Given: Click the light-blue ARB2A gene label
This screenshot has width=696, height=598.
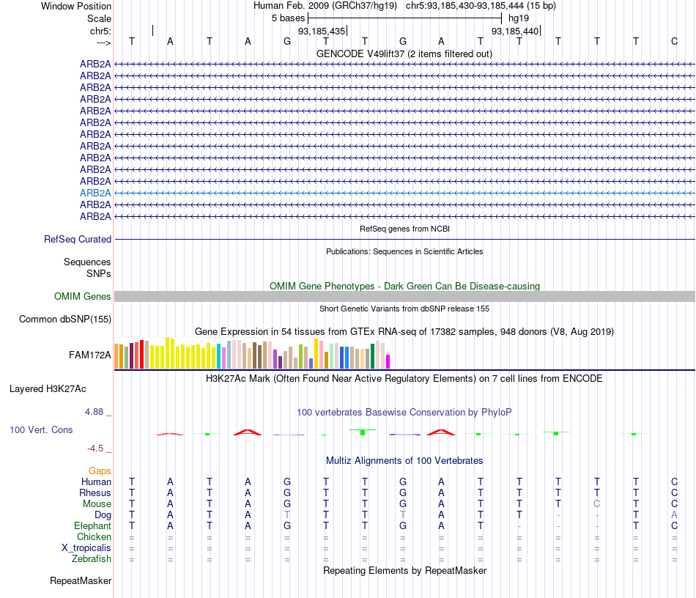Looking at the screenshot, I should point(95,193).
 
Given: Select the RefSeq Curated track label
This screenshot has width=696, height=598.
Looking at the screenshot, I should point(78,239).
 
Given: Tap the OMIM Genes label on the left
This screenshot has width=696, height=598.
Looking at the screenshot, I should point(83,297).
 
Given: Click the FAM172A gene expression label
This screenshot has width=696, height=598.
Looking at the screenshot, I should point(90,355).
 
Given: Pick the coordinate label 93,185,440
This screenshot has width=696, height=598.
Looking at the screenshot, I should point(515,32).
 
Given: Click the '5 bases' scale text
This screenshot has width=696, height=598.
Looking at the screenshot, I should point(288,18).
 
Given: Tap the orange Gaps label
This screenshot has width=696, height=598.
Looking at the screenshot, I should point(100,470).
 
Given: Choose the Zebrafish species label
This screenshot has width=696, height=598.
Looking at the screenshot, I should point(93,558).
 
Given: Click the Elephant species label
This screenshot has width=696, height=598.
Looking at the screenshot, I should point(92,525).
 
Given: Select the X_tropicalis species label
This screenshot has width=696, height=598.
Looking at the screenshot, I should point(86,547).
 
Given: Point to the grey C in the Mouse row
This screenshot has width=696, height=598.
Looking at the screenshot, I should point(597,503).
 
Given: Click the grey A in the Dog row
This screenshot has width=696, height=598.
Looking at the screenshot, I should point(674,514).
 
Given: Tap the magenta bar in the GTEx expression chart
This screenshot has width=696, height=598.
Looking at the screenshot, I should point(388,361).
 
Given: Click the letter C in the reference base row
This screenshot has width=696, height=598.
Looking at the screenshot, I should point(674,41).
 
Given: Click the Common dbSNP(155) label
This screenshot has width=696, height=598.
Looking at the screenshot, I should point(65,319).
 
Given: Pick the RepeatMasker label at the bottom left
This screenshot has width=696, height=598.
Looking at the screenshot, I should point(81,581).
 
